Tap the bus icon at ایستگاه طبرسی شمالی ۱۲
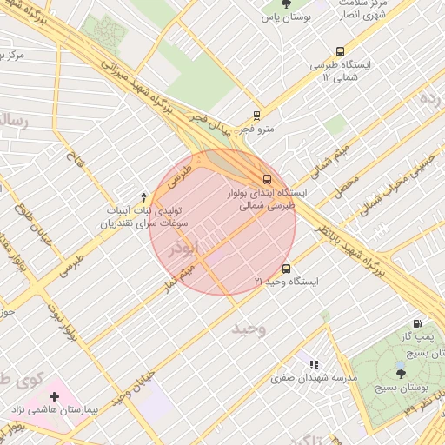pos(339,51)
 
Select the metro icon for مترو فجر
pos(256,115)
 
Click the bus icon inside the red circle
pos(266,178)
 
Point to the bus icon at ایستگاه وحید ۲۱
pos(286,269)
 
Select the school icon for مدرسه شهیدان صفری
pos(314,364)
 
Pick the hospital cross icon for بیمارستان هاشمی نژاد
pos(55,396)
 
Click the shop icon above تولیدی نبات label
pos(144,197)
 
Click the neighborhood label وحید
pos(248,329)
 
